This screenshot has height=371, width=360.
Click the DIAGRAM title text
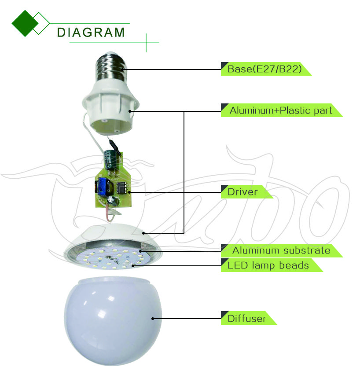click(x=91, y=32)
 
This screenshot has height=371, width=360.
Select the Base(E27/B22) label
click(x=264, y=69)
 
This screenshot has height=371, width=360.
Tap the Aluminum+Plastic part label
click(x=280, y=110)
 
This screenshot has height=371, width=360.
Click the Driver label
click(x=242, y=192)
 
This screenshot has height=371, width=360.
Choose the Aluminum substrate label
click(x=281, y=250)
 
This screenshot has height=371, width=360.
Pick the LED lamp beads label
click(x=268, y=265)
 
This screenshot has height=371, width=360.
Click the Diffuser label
click(x=247, y=318)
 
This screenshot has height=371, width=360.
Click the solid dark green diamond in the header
click(x=25, y=23)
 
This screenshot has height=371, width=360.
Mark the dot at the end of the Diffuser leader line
click(x=153, y=318)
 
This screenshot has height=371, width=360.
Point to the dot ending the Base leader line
click(x=127, y=69)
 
